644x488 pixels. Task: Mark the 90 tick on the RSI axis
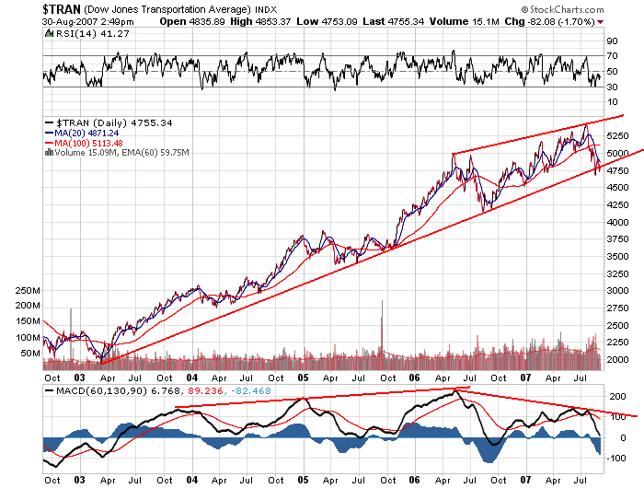610,41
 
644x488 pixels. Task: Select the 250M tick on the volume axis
28,290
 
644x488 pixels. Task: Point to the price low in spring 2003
102,362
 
